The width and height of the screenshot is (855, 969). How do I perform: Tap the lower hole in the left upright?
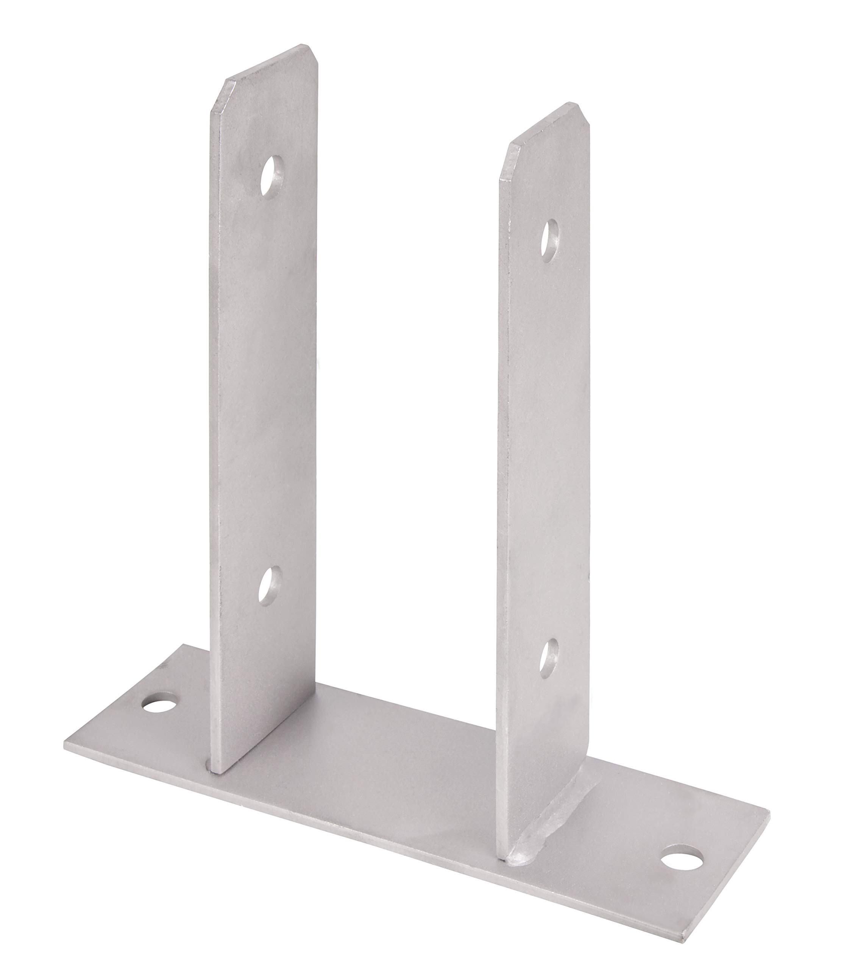270,586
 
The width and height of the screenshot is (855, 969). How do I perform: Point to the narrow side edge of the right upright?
502,474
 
